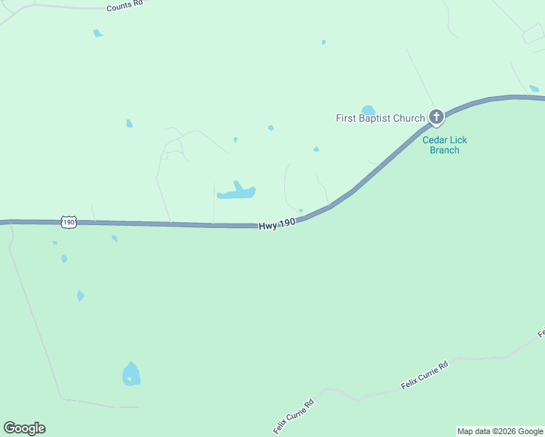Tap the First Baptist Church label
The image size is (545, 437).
tap(380, 118)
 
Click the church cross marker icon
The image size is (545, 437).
tap(436, 117)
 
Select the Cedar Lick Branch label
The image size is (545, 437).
tap(444, 145)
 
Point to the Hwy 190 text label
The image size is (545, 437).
tap(277, 224)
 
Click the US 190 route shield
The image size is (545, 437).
tap(68, 222)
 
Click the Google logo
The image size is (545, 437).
tap(24, 428)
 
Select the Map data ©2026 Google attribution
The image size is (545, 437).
tap(500, 431)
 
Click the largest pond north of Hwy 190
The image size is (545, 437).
tap(238, 192)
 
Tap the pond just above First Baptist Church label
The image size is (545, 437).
tap(368, 110)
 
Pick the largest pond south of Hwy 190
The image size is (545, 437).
tap(131, 375)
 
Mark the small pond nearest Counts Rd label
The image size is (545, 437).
tap(97, 33)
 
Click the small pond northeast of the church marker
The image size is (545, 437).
tap(534, 89)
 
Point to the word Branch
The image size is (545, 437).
tap(444, 150)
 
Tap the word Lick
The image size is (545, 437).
tap(458, 140)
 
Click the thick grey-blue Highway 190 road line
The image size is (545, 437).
tap(182, 224)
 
